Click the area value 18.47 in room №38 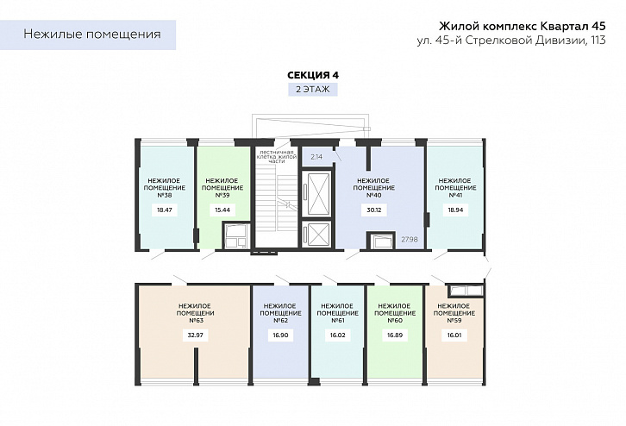165,210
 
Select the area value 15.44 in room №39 222,210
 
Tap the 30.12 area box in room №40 373,210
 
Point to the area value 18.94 455,210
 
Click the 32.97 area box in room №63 195,335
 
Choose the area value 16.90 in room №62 280,335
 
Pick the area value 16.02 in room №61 338,335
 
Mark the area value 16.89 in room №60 395,335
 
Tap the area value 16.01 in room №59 454,335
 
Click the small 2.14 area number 316,157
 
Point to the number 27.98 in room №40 410,239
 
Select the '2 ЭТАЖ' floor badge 313,89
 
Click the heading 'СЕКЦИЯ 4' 313,75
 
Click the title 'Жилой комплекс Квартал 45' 523,27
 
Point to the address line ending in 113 511,41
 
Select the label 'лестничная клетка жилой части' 277,156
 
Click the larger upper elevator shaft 316,194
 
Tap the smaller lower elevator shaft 316,233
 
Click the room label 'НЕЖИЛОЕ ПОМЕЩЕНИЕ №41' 455,188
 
